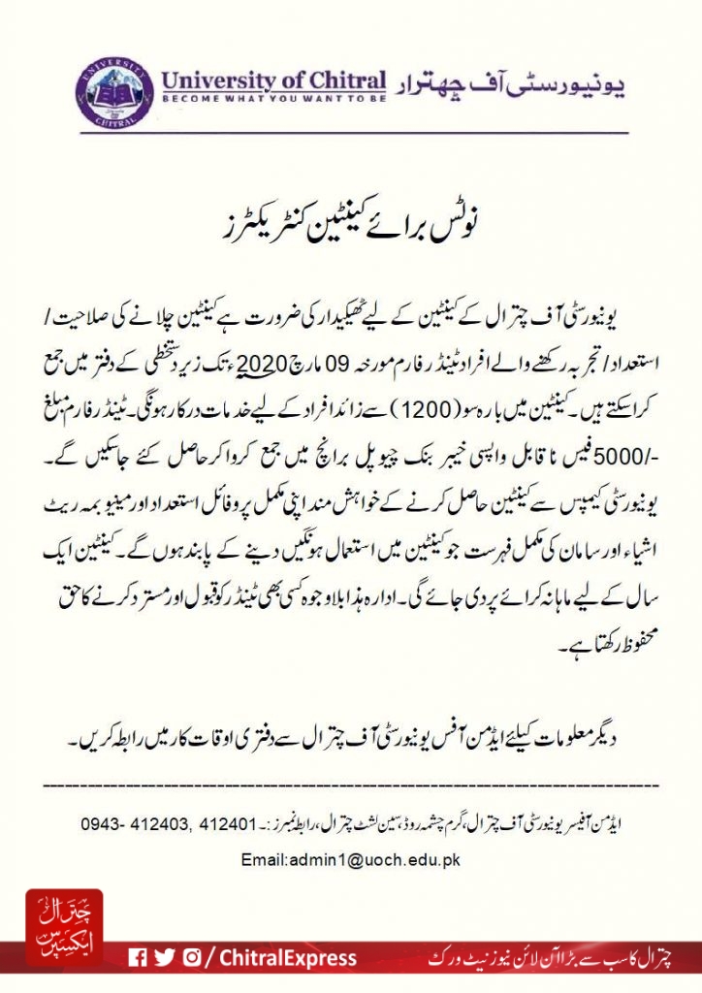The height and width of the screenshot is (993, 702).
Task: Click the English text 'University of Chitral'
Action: tap(273, 79)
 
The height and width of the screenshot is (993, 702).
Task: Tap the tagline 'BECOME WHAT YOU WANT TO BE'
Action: tap(273, 98)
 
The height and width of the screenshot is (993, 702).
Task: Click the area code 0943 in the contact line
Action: tap(99, 825)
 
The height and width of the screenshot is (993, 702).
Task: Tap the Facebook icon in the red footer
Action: tap(139, 957)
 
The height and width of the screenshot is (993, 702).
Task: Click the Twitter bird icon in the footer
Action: tap(165, 957)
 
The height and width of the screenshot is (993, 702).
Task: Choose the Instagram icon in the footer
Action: tap(192, 957)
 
